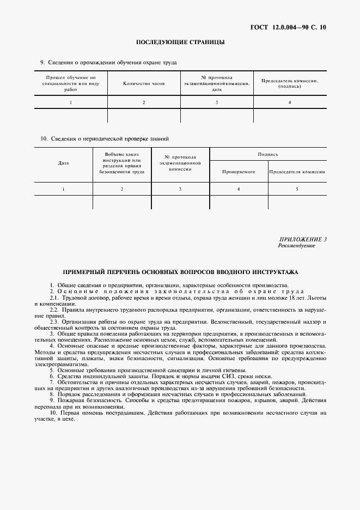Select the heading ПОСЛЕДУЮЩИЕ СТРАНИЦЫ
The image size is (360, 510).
pos(180,42)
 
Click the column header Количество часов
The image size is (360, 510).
pos(144,84)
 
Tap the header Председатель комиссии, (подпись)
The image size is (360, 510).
pos(290,83)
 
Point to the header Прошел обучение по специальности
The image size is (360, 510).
pos(71,83)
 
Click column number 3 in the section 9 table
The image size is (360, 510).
pos(217,102)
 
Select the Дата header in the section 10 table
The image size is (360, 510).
pos(63,163)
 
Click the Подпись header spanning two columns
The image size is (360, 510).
pos(268,154)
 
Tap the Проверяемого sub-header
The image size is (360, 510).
pos(239,172)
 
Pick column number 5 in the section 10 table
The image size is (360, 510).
pos(297,189)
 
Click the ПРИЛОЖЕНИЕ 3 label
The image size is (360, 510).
pos(303,239)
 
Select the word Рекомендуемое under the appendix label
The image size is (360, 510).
pos(296,246)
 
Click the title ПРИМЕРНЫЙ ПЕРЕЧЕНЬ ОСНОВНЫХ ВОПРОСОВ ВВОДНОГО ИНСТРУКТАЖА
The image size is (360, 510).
pos(180,271)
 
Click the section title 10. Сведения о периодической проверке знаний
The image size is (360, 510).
pos(105,138)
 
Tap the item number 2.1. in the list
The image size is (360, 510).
pos(55,298)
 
